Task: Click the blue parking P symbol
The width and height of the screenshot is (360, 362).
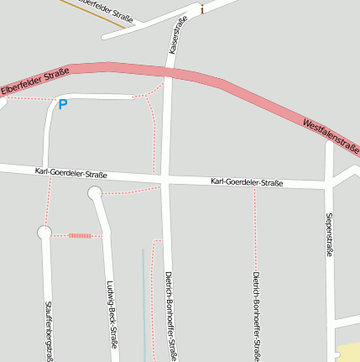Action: click(x=62, y=105)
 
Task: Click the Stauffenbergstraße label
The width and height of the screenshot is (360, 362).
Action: click(x=49, y=331)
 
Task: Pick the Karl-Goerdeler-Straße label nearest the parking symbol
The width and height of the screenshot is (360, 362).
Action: click(x=70, y=174)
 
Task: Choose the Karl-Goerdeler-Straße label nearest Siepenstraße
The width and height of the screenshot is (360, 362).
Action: click(x=247, y=182)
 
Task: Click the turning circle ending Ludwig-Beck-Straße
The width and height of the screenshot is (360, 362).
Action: click(x=95, y=194)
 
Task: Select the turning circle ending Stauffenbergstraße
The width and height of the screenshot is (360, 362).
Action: click(x=44, y=233)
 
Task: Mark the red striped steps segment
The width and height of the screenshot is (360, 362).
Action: click(x=80, y=236)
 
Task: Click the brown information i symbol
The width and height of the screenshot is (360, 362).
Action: click(x=201, y=9)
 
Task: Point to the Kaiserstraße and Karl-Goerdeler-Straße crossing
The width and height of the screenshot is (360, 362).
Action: click(x=168, y=180)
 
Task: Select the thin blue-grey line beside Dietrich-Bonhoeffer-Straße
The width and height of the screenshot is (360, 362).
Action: click(x=143, y=302)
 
